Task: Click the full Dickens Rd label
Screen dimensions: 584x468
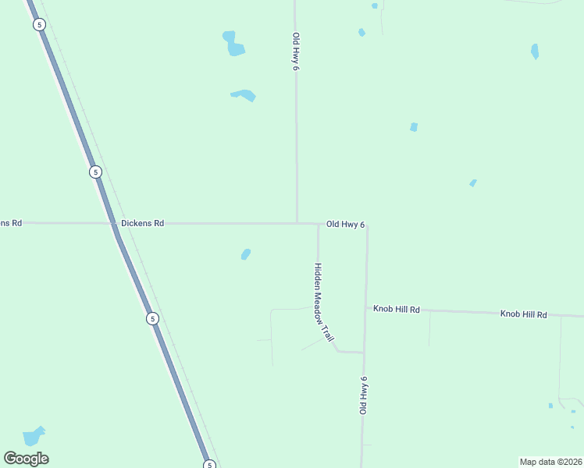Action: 142,223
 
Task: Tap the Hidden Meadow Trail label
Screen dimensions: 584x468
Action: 323,302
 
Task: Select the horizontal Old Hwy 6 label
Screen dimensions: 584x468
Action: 345,225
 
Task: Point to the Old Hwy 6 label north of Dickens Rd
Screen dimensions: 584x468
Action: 296,52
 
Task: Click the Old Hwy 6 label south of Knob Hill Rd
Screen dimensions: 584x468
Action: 363,395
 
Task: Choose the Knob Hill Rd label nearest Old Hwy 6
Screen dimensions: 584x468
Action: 396,310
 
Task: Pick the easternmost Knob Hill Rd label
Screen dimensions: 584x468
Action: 523,314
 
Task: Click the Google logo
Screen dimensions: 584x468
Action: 26,459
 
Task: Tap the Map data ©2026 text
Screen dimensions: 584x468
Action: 550,462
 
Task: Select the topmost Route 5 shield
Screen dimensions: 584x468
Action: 39,25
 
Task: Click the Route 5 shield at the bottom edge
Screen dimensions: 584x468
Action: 209,465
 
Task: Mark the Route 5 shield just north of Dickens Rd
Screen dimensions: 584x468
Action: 95,172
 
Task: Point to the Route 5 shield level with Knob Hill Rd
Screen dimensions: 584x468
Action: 152,318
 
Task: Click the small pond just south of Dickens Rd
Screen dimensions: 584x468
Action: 246,254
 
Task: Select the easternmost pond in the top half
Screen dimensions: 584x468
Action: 535,51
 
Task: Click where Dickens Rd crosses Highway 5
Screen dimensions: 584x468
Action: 114,223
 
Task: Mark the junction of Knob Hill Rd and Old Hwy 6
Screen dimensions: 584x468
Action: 366,308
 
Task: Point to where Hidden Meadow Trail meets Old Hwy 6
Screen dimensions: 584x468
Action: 364,353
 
